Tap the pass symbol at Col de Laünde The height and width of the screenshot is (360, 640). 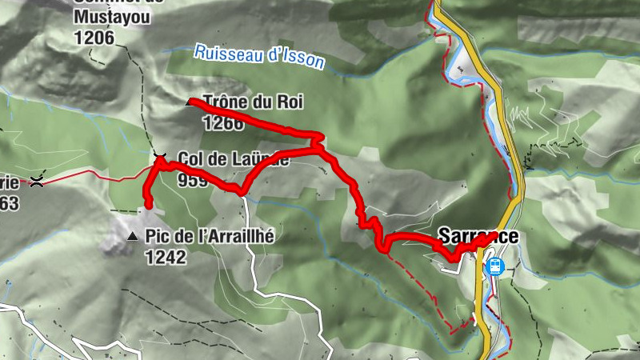point(159,154)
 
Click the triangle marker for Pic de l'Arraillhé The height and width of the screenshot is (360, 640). point(133,237)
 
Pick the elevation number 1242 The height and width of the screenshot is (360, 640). point(166,257)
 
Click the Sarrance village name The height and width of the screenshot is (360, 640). point(478,236)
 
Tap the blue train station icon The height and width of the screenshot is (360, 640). point(496,265)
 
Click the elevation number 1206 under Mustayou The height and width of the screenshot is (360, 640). point(94,36)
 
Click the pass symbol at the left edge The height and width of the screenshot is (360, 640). point(36,182)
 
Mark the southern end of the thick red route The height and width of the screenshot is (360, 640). point(147,205)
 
